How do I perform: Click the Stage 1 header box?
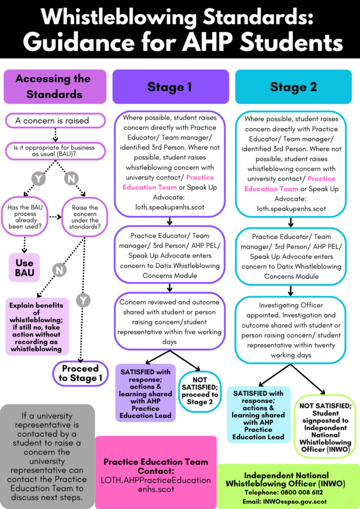coord(170,87)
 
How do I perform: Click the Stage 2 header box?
coord(293,87)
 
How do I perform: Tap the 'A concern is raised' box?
coord(55,120)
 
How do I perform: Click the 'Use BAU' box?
coord(24,267)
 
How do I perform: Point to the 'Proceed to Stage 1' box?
coord(80,373)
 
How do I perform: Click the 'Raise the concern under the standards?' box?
coord(85,217)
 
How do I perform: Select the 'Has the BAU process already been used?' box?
coord(25,217)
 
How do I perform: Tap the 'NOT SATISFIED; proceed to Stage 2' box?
coord(200,391)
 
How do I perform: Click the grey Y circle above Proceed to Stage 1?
coord(83,300)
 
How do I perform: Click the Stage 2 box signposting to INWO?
coord(325,427)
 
